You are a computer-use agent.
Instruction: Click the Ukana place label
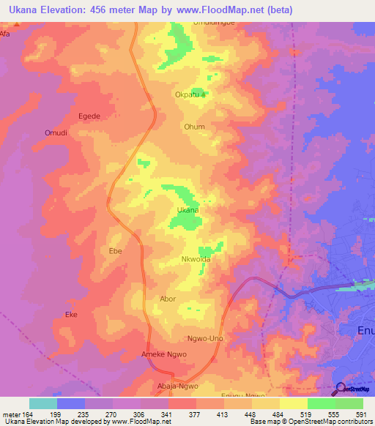(188, 210)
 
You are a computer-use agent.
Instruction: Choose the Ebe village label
(115, 251)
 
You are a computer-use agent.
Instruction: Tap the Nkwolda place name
(196, 260)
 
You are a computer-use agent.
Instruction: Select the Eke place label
(71, 315)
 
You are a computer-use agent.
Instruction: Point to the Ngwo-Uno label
(205, 339)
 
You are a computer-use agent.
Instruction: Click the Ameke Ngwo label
(164, 354)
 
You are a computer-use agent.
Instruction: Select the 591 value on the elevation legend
(360, 414)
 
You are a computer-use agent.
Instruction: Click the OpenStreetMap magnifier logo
(338, 389)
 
